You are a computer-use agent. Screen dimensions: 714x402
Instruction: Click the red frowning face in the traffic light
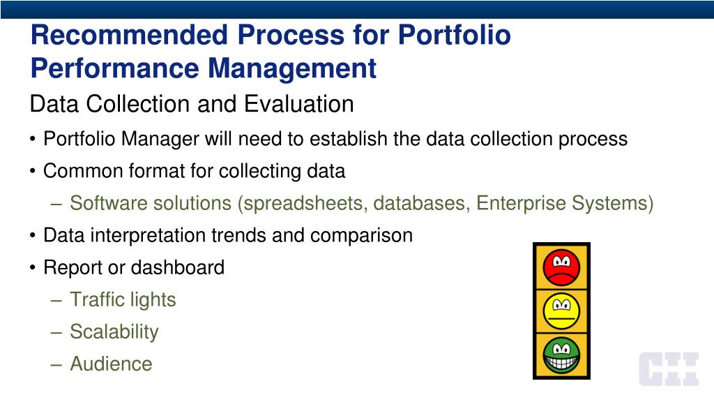tap(561, 267)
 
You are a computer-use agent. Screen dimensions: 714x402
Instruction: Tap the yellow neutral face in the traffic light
tap(561, 311)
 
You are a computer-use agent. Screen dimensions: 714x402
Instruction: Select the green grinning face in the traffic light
tap(561, 355)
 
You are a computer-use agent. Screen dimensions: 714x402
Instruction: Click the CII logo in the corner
tap(669, 368)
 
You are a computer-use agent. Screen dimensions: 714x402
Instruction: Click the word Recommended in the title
tap(129, 35)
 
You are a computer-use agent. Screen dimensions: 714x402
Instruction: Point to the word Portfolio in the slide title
tap(454, 35)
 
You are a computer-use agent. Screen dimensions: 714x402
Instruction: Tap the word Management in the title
tap(292, 68)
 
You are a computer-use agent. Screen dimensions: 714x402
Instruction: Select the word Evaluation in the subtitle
tap(298, 104)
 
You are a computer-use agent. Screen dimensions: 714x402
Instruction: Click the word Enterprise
tap(521, 204)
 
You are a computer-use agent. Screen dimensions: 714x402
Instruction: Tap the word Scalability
tap(114, 332)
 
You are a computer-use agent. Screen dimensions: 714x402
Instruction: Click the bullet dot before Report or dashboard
tap(32, 268)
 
